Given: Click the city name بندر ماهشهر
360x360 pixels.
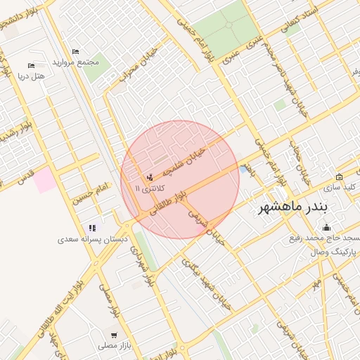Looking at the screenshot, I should (x=299, y=207).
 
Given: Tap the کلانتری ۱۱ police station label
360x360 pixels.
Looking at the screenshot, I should (x=147, y=188).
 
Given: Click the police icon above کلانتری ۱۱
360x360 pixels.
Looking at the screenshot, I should (x=148, y=177).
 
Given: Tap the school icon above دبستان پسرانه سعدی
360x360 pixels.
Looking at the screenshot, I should (x=91, y=228).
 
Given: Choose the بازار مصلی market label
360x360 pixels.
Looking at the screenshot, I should (x=113, y=346).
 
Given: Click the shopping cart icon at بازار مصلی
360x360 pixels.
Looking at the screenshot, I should (x=114, y=335).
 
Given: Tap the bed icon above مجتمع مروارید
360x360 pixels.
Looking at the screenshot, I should (x=75, y=51).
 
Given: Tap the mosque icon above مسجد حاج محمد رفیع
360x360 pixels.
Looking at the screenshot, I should (x=326, y=227).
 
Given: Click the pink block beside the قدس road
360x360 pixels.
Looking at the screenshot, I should (x=46, y=180).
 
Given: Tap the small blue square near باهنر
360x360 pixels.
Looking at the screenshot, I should (x=243, y=169).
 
